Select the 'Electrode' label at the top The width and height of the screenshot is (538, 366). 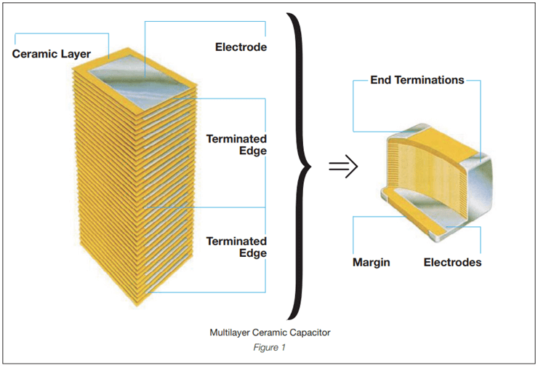tap(241, 48)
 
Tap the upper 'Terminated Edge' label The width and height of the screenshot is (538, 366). tap(236, 144)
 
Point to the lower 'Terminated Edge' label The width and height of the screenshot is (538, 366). tap(236, 247)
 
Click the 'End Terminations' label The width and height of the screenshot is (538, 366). tap(417, 80)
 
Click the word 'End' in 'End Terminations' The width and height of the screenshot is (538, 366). tap(382, 80)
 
